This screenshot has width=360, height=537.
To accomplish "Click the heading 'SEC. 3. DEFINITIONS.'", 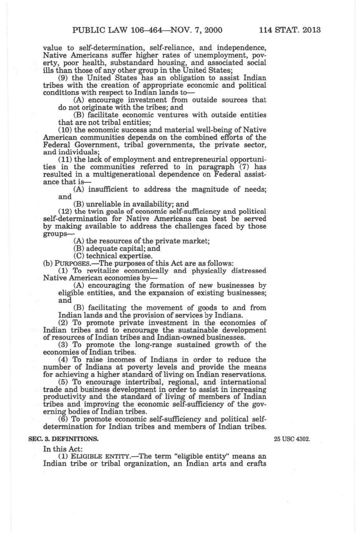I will [x=64, y=439].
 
